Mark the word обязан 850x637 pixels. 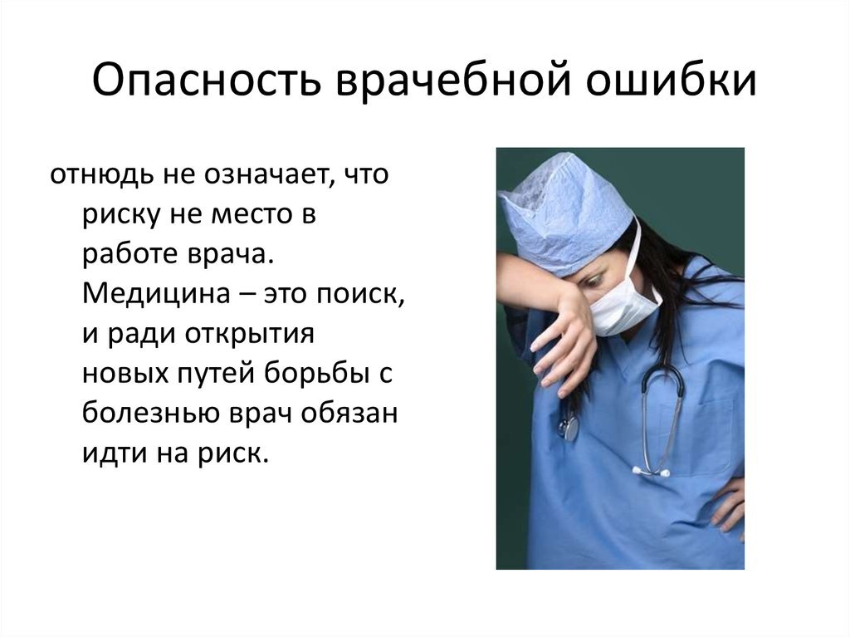[x=354, y=414]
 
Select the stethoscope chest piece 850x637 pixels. [x=569, y=429]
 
